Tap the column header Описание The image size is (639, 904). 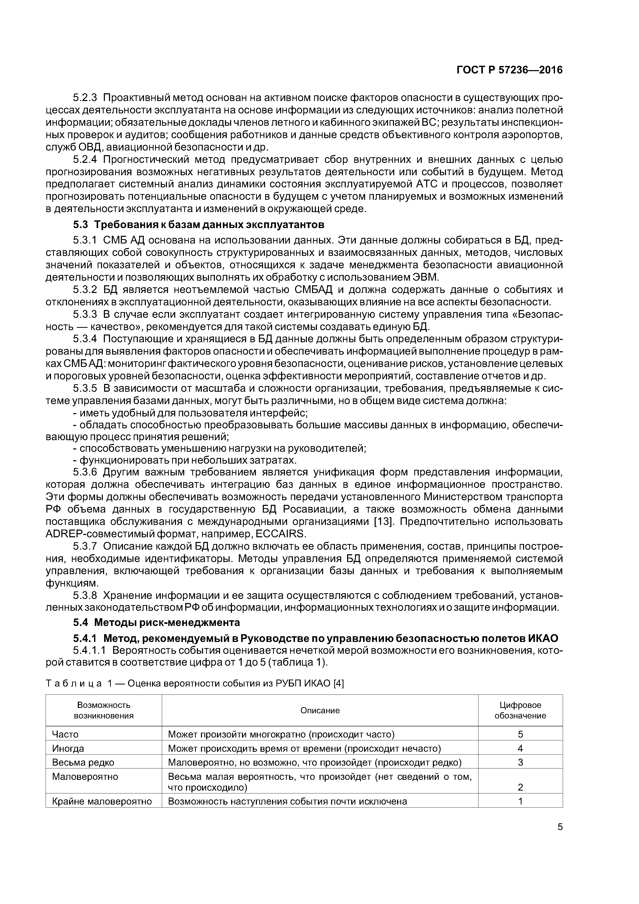click(320, 710)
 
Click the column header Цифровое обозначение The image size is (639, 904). click(520, 710)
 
